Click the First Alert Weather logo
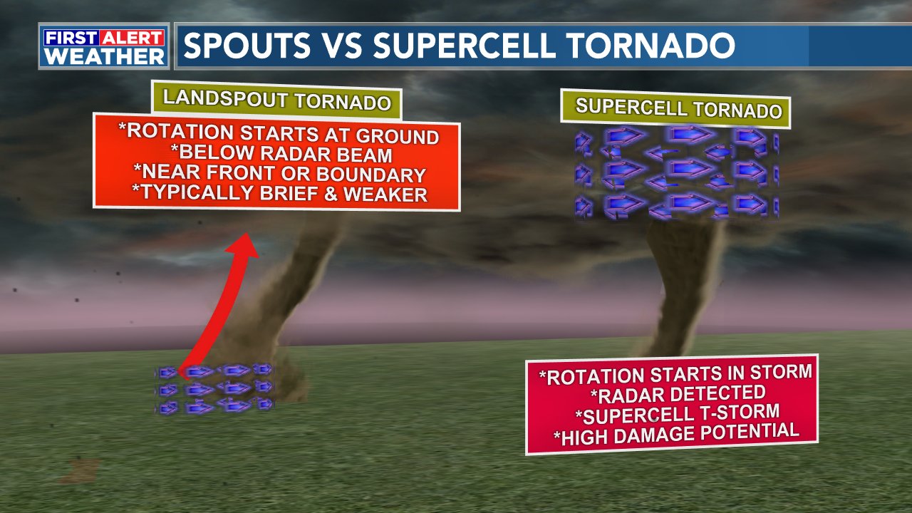point(104,47)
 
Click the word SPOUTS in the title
point(247,46)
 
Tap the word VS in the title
point(341,46)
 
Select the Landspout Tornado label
point(277,100)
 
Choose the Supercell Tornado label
point(678,108)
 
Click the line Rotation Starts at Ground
point(279,133)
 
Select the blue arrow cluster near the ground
point(214,389)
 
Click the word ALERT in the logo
point(135,38)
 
